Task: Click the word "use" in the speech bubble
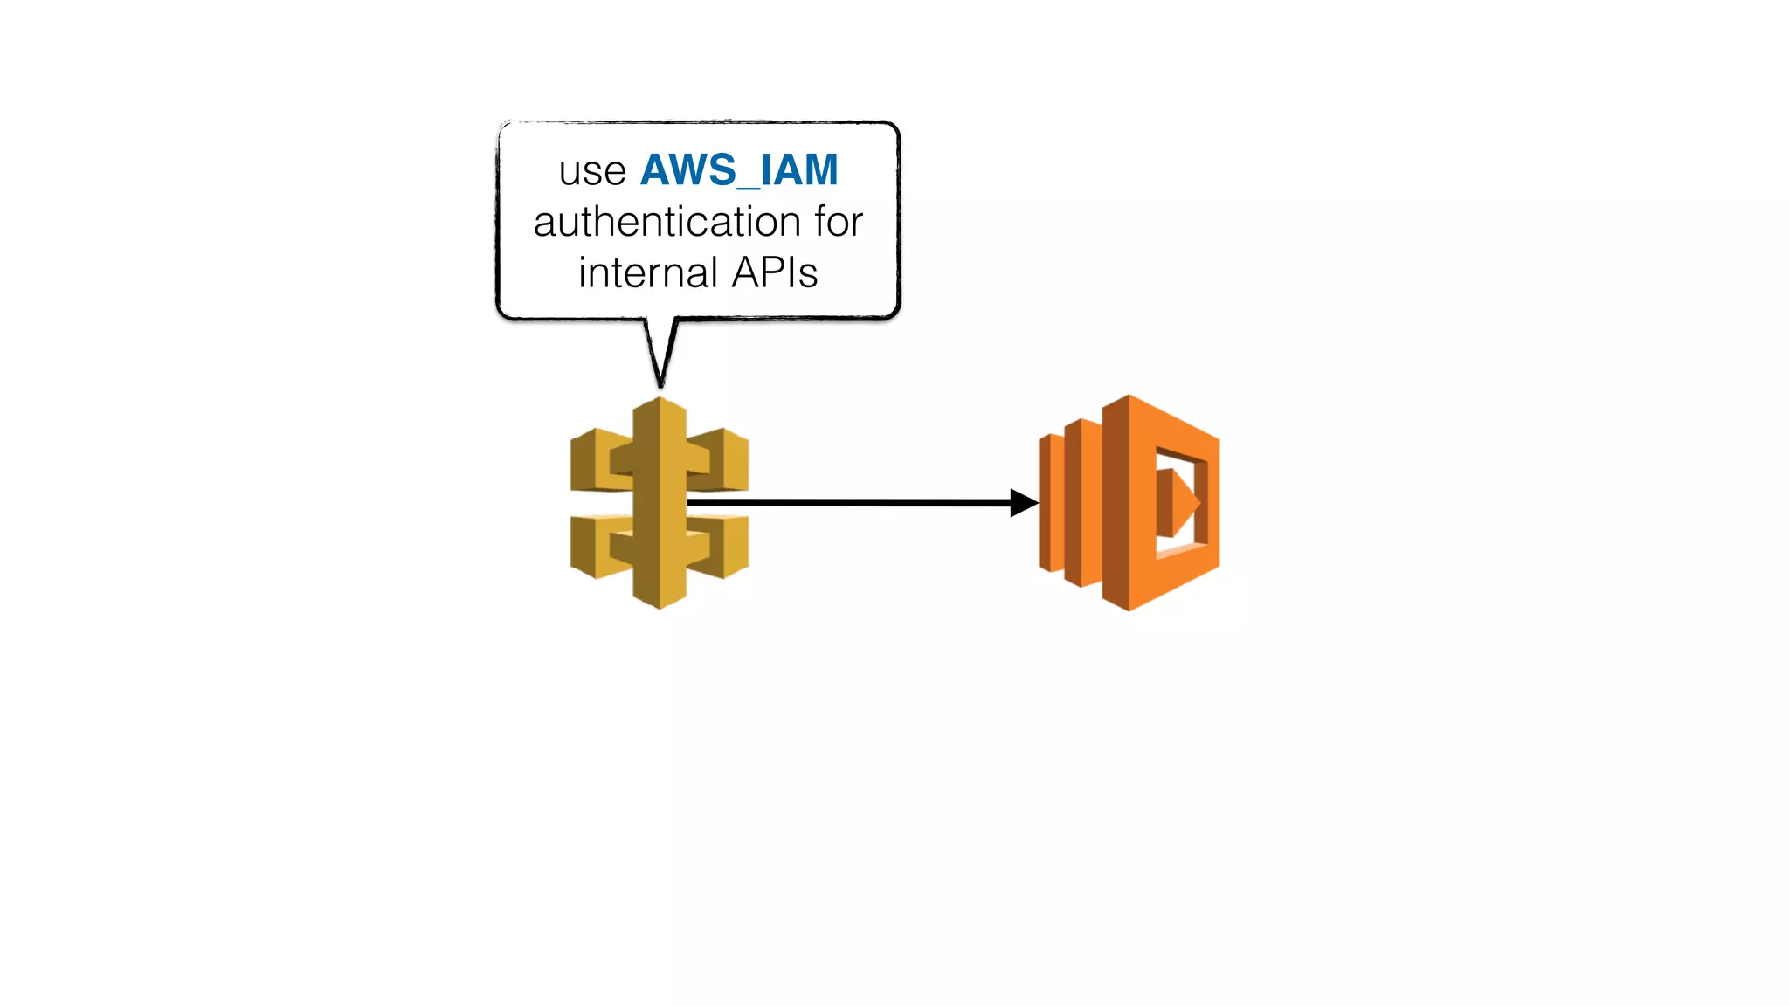592,171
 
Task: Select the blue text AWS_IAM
739,169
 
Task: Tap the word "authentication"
667,222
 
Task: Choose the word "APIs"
775,272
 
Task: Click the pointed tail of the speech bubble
660,371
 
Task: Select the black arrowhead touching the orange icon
1024,502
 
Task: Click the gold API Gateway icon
660,503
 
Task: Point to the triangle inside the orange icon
1179,503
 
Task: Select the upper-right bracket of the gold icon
723,459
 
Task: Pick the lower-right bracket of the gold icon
723,547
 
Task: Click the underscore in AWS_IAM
749,186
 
